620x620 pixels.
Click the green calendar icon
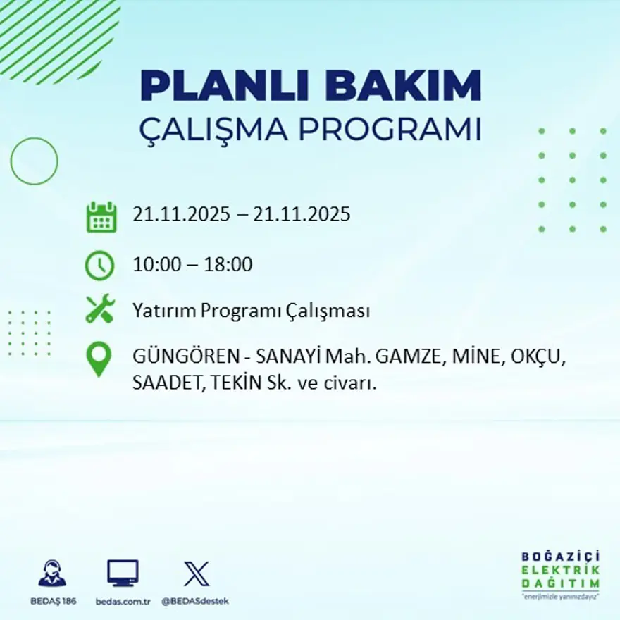pos(101,217)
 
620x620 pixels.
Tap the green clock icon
pos(99,266)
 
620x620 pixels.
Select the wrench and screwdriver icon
pos(100,310)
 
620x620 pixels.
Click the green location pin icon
pos(99,359)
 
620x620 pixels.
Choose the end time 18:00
pos(228,266)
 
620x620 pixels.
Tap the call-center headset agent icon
pos(52,573)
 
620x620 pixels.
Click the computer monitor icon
pos(123,573)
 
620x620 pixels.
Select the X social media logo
pos(196,573)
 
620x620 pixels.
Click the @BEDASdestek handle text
pos(195,601)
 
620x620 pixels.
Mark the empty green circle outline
pos(34,161)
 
